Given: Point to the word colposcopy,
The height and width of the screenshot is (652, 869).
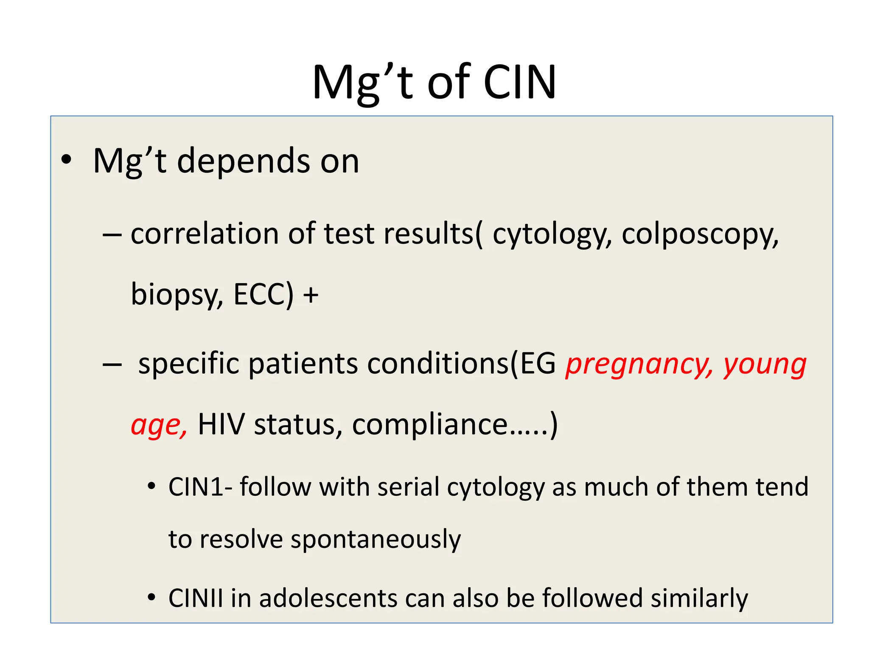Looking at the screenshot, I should click(x=700, y=235).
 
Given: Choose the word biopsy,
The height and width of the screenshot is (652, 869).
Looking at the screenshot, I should click(x=177, y=295).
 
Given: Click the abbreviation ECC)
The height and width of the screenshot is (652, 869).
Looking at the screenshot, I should click(x=264, y=295).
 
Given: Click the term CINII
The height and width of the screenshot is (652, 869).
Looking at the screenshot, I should click(x=196, y=598).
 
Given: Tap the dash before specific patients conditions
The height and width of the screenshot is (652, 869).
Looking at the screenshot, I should click(x=112, y=364).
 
